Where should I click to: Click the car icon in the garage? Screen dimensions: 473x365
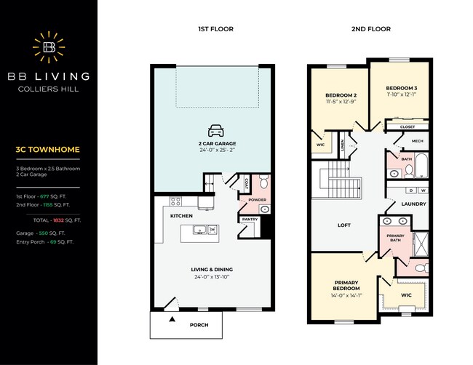point(216,130)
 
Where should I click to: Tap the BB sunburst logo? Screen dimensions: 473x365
point(49,47)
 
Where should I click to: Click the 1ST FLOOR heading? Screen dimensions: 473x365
point(215,29)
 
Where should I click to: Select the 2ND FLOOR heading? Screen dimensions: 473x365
point(371,29)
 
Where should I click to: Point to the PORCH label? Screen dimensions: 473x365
point(199,325)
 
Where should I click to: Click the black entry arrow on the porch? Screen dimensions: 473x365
point(172,319)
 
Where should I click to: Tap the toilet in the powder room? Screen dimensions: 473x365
point(264,181)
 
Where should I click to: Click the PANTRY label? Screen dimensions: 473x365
point(250,219)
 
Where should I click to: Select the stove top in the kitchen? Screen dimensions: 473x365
point(175,201)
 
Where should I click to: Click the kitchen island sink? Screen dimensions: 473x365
point(199,230)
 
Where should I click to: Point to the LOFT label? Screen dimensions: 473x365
point(344,225)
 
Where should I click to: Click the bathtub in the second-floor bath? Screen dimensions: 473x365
point(421,165)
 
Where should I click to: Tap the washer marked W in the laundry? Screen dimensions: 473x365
point(424,190)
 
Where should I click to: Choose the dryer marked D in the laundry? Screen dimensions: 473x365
point(411,190)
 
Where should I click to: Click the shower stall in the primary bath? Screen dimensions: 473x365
point(421,244)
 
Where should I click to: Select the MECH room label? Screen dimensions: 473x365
point(418,141)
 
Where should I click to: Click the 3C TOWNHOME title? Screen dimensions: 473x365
point(47,150)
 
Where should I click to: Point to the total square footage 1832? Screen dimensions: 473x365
point(58,220)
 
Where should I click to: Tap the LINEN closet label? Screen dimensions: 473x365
point(343,145)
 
